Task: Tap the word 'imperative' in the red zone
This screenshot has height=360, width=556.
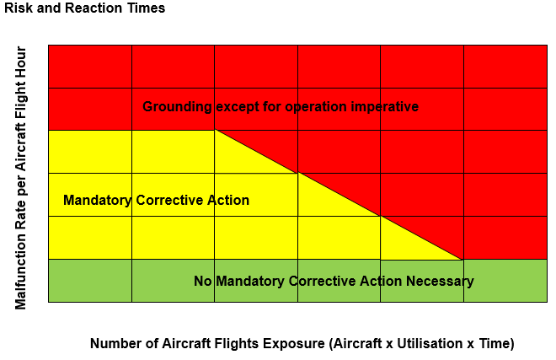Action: point(387,107)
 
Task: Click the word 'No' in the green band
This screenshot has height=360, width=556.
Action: point(203,281)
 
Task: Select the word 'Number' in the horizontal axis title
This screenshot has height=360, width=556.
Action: point(114,344)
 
